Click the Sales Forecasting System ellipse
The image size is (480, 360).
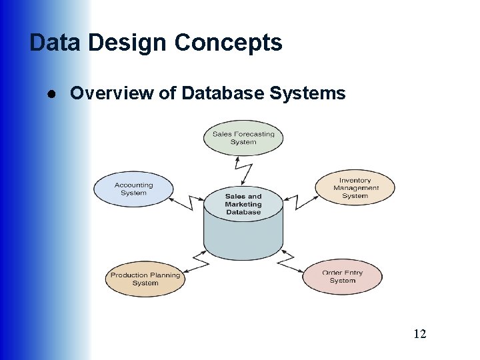pyautogui.click(x=243, y=137)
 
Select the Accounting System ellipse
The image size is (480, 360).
pyautogui.click(x=133, y=189)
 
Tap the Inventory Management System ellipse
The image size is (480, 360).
pyautogui.click(x=355, y=188)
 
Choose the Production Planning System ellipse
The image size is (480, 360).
pyautogui.click(x=145, y=279)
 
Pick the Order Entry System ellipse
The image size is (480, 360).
pyautogui.click(x=342, y=277)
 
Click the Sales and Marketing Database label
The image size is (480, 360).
pyautogui.click(x=243, y=204)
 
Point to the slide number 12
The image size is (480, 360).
pyautogui.click(x=419, y=333)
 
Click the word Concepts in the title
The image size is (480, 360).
pyautogui.click(x=228, y=43)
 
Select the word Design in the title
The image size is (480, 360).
pyautogui.click(x=127, y=43)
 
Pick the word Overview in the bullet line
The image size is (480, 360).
pyautogui.click(x=111, y=93)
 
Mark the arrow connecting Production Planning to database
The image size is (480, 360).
pyautogui.click(x=193, y=261)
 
